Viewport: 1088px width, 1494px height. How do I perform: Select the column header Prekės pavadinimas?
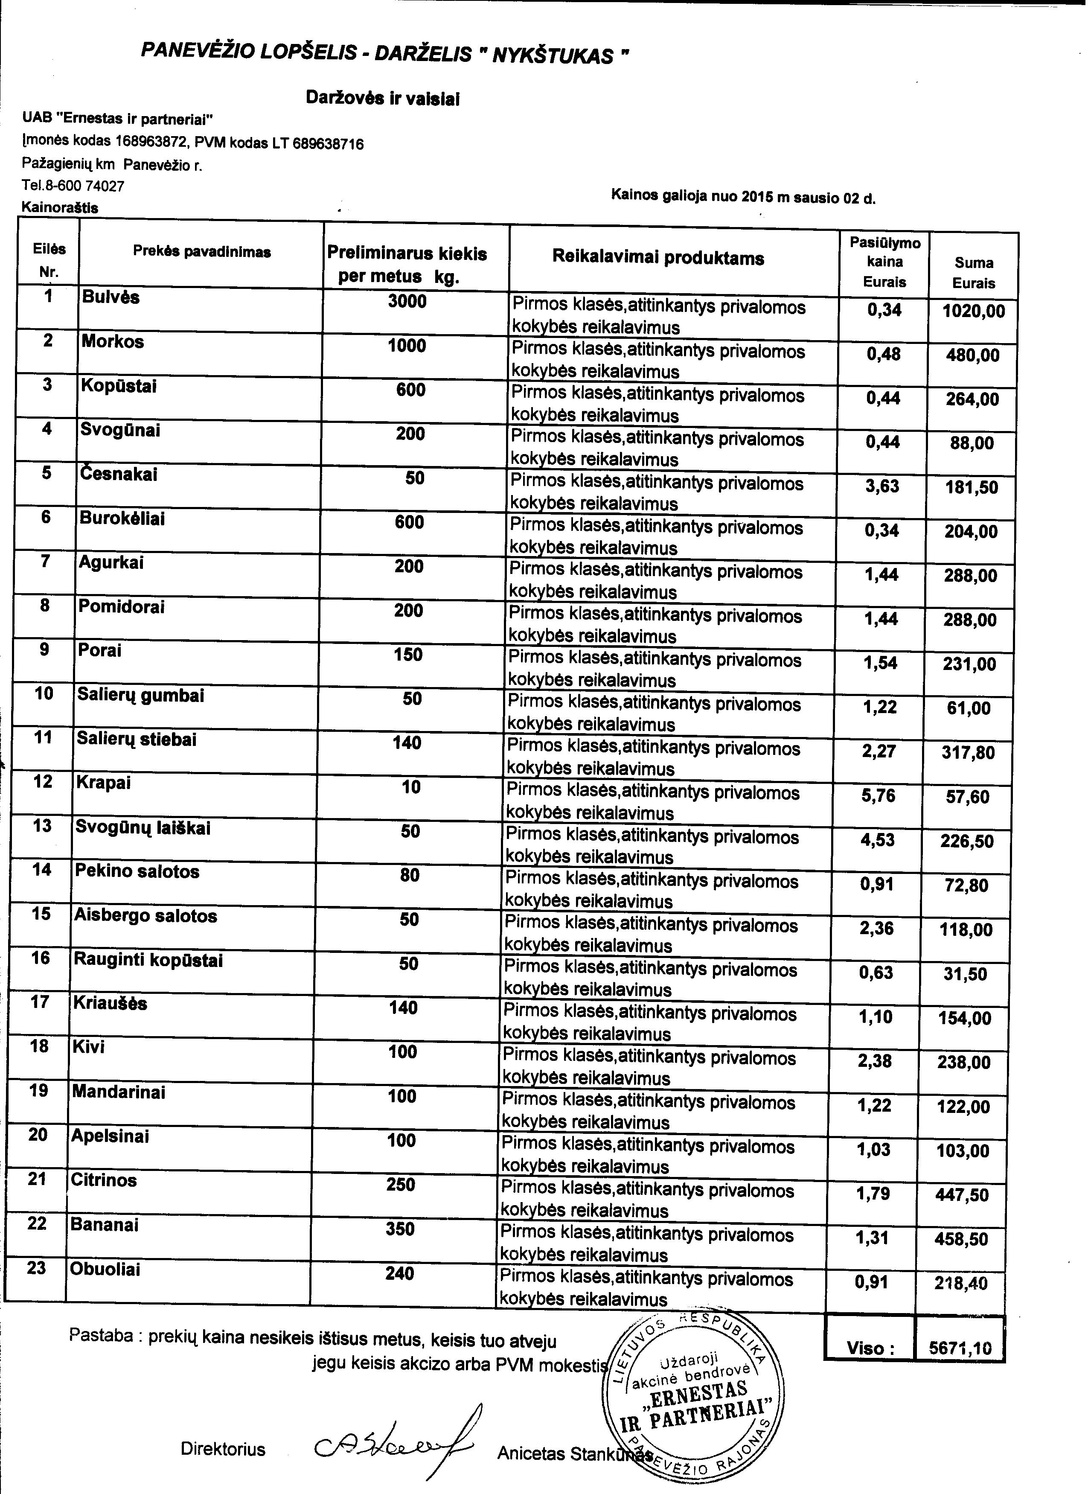(201, 252)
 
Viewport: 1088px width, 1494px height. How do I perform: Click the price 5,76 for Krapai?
(878, 796)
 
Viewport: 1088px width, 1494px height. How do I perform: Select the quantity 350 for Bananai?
(400, 1229)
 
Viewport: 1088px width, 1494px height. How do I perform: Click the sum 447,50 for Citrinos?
(962, 1195)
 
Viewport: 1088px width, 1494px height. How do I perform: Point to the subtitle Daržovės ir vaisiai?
(383, 99)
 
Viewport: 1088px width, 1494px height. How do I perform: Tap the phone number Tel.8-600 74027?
(73, 186)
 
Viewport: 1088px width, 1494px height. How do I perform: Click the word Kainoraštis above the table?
(60, 207)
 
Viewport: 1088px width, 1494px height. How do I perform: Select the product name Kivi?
(89, 1047)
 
